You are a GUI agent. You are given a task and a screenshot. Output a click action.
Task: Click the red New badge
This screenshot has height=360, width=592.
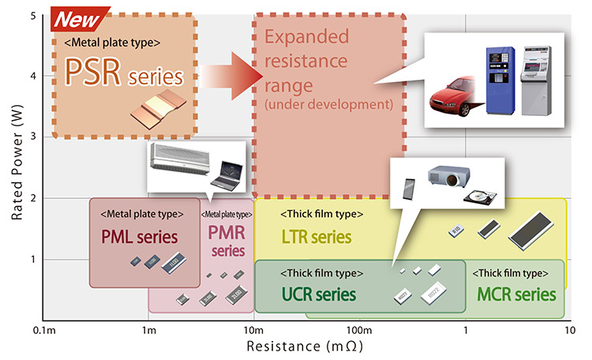[x=78, y=19]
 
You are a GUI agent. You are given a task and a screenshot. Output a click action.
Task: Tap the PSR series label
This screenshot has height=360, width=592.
[x=124, y=72]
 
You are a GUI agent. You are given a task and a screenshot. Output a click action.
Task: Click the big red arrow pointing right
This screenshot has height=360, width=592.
[x=231, y=76]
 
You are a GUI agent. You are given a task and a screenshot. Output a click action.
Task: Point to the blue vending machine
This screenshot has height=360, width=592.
[x=500, y=81]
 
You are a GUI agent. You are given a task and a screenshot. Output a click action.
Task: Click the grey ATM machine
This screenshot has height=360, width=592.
[x=536, y=81]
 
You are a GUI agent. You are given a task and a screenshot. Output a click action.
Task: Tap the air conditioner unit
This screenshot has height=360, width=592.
[x=180, y=159]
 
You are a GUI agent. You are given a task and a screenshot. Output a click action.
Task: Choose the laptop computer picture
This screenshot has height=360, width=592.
[x=227, y=175]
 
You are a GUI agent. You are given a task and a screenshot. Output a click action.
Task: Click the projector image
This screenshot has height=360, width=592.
[x=449, y=176]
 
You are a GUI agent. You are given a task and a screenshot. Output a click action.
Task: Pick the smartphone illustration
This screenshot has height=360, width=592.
[x=409, y=189]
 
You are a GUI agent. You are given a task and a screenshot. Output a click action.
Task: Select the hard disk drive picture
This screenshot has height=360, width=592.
[x=480, y=197]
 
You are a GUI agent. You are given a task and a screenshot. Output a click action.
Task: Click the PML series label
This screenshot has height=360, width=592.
[x=139, y=237]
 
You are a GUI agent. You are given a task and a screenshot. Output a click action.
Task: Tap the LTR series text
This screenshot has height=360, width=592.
[x=317, y=237]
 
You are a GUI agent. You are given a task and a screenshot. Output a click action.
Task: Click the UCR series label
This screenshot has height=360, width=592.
[x=319, y=294]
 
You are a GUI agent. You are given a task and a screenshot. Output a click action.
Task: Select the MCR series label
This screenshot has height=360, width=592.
[x=516, y=294]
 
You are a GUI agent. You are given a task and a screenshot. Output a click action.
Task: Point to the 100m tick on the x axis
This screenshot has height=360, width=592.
[x=359, y=331]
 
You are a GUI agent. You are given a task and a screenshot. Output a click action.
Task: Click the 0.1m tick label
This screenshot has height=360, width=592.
[x=44, y=331]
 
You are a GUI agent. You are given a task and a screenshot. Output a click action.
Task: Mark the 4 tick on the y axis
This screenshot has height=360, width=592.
[x=33, y=76]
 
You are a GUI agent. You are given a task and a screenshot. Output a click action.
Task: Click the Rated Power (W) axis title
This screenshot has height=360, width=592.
[x=17, y=163]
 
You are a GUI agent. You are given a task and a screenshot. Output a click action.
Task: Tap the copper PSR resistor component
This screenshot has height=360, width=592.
[x=159, y=109]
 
